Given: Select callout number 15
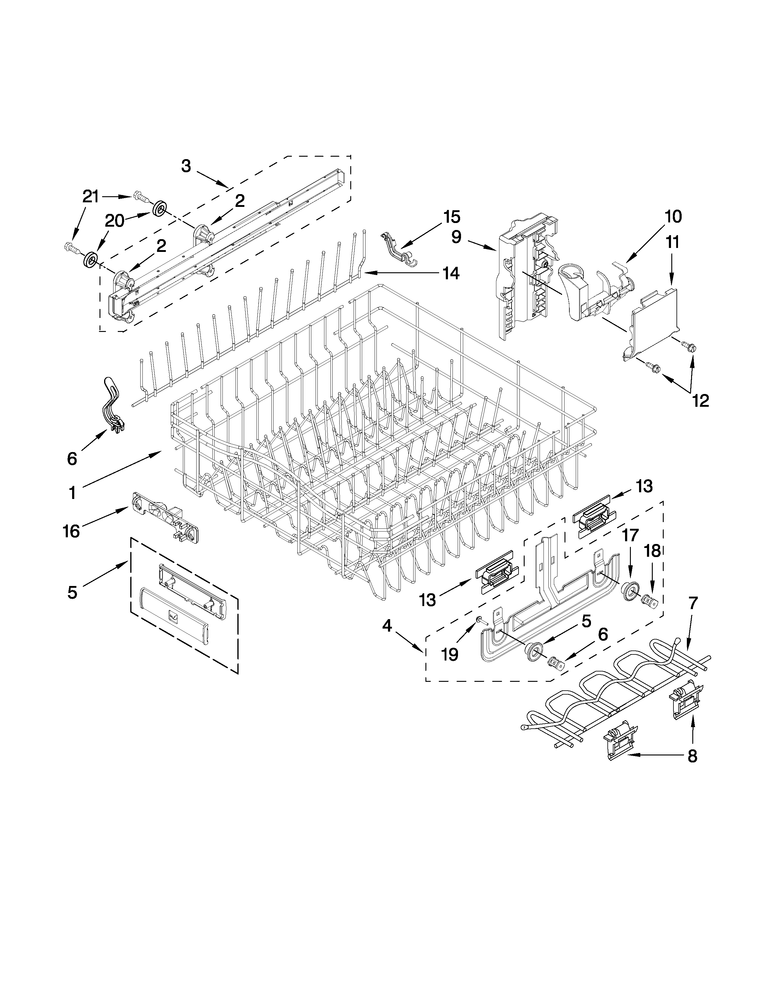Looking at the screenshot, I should click(451, 217).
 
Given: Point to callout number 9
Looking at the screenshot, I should click(456, 237).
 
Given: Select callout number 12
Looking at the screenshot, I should click(701, 401).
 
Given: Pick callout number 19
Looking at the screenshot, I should click(450, 655).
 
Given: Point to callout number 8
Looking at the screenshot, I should click(692, 755).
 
